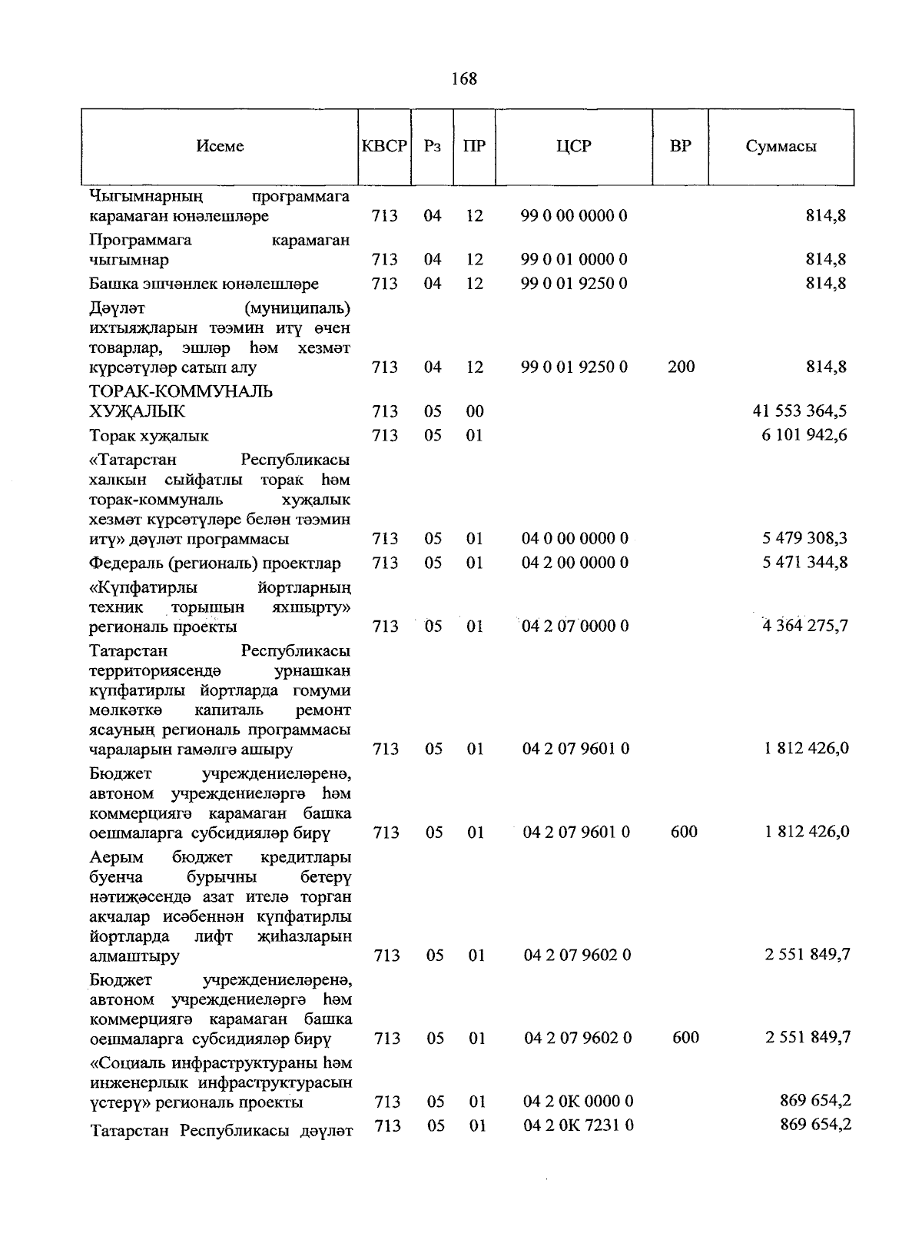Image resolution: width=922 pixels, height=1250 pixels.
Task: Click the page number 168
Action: pyautogui.click(x=464, y=78)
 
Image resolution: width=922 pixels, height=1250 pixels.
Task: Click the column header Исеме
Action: pyautogui.click(x=220, y=146)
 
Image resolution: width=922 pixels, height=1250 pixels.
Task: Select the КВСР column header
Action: pyautogui.click(x=384, y=146)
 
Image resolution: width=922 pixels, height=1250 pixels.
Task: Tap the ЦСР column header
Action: pyautogui.click(x=574, y=146)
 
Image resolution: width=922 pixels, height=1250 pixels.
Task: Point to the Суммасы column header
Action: pyautogui.click(x=781, y=146)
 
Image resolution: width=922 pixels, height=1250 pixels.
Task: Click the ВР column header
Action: pyautogui.click(x=680, y=146)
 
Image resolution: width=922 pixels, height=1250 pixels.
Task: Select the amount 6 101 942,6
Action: pyautogui.click(x=804, y=435)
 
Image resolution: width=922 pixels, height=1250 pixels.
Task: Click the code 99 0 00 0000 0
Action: pyautogui.click(x=574, y=216)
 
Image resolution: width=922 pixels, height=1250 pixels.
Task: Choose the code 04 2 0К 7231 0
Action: pyautogui.click(x=579, y=1125)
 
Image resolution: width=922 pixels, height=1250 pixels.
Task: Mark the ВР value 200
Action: pyautogui.click(x=681, y=367)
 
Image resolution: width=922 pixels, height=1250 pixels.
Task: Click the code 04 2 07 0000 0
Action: pyautogui.click(x=575, y=626)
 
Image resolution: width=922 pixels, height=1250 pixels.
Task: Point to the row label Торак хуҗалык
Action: pyautogui.click(x=149, y=436)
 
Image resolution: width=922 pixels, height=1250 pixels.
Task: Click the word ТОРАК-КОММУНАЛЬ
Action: pyautogui.click(x=181, y=392)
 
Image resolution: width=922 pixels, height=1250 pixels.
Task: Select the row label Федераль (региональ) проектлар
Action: pyautogui.click(x=215, y=563)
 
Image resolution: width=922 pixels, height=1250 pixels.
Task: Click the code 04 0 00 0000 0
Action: pyautogui.click(x=575, y=538)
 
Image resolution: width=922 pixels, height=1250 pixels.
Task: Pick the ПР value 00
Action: pyautogui.click(x=475, y=411)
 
